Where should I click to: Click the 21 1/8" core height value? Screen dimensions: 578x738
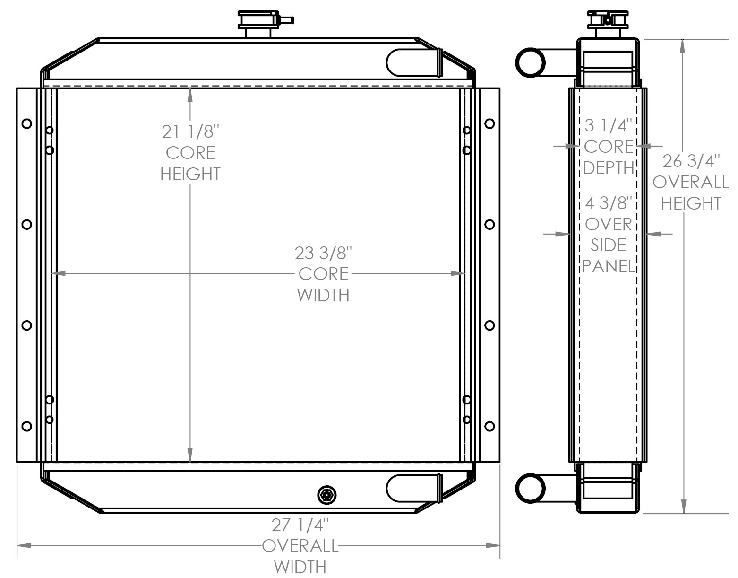(x=190, y=131)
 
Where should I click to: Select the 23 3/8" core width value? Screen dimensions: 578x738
(x=324, y=253)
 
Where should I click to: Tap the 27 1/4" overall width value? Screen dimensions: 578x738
(x=300, y=525)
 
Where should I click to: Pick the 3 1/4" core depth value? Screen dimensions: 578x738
(x=608, y=125)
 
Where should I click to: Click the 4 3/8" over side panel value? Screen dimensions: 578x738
(x=608, y=203)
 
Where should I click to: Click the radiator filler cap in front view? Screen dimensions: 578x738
(x=258, y=21)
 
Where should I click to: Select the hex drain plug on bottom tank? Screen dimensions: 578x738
(x=326, y=495)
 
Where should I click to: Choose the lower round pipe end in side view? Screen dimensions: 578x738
(x=530, y=488)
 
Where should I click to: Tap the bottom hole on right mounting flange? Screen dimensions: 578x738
(x=490, y=426)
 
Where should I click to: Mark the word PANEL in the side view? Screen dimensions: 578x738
(x=608, y=266)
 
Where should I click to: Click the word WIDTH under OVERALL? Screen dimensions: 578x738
(x=300, y=566)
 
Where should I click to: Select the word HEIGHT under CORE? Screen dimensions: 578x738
(x=190, y=174)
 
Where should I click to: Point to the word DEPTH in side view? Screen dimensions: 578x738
(x=608, y=167)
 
